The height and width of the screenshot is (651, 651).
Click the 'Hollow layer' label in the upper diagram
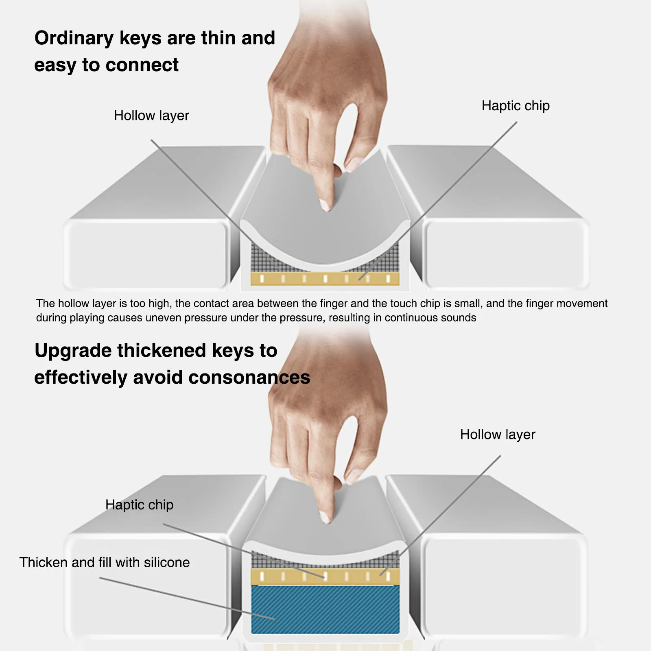[x=151, y=116]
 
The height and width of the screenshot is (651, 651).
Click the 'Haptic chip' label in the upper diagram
[x=516, y=106]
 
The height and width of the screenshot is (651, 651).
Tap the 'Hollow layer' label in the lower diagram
[x=497, y=435]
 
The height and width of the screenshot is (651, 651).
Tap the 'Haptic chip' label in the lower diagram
[x=139, y=505]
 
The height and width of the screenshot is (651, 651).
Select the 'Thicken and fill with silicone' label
[x=105, y=562]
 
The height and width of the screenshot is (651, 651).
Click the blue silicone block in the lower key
[x=325, y=609]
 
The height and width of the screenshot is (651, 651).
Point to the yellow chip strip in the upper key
[x=325, y=279]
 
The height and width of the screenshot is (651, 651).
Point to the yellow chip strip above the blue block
[x=325, y=577]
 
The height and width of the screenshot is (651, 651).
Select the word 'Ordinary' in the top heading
[x=74, y=38]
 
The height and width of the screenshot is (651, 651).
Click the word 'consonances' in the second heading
[x=249, y=378]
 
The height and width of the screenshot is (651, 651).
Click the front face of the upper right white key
[x=505, y=254]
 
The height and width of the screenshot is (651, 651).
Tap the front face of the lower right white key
[x=505, y=586]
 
